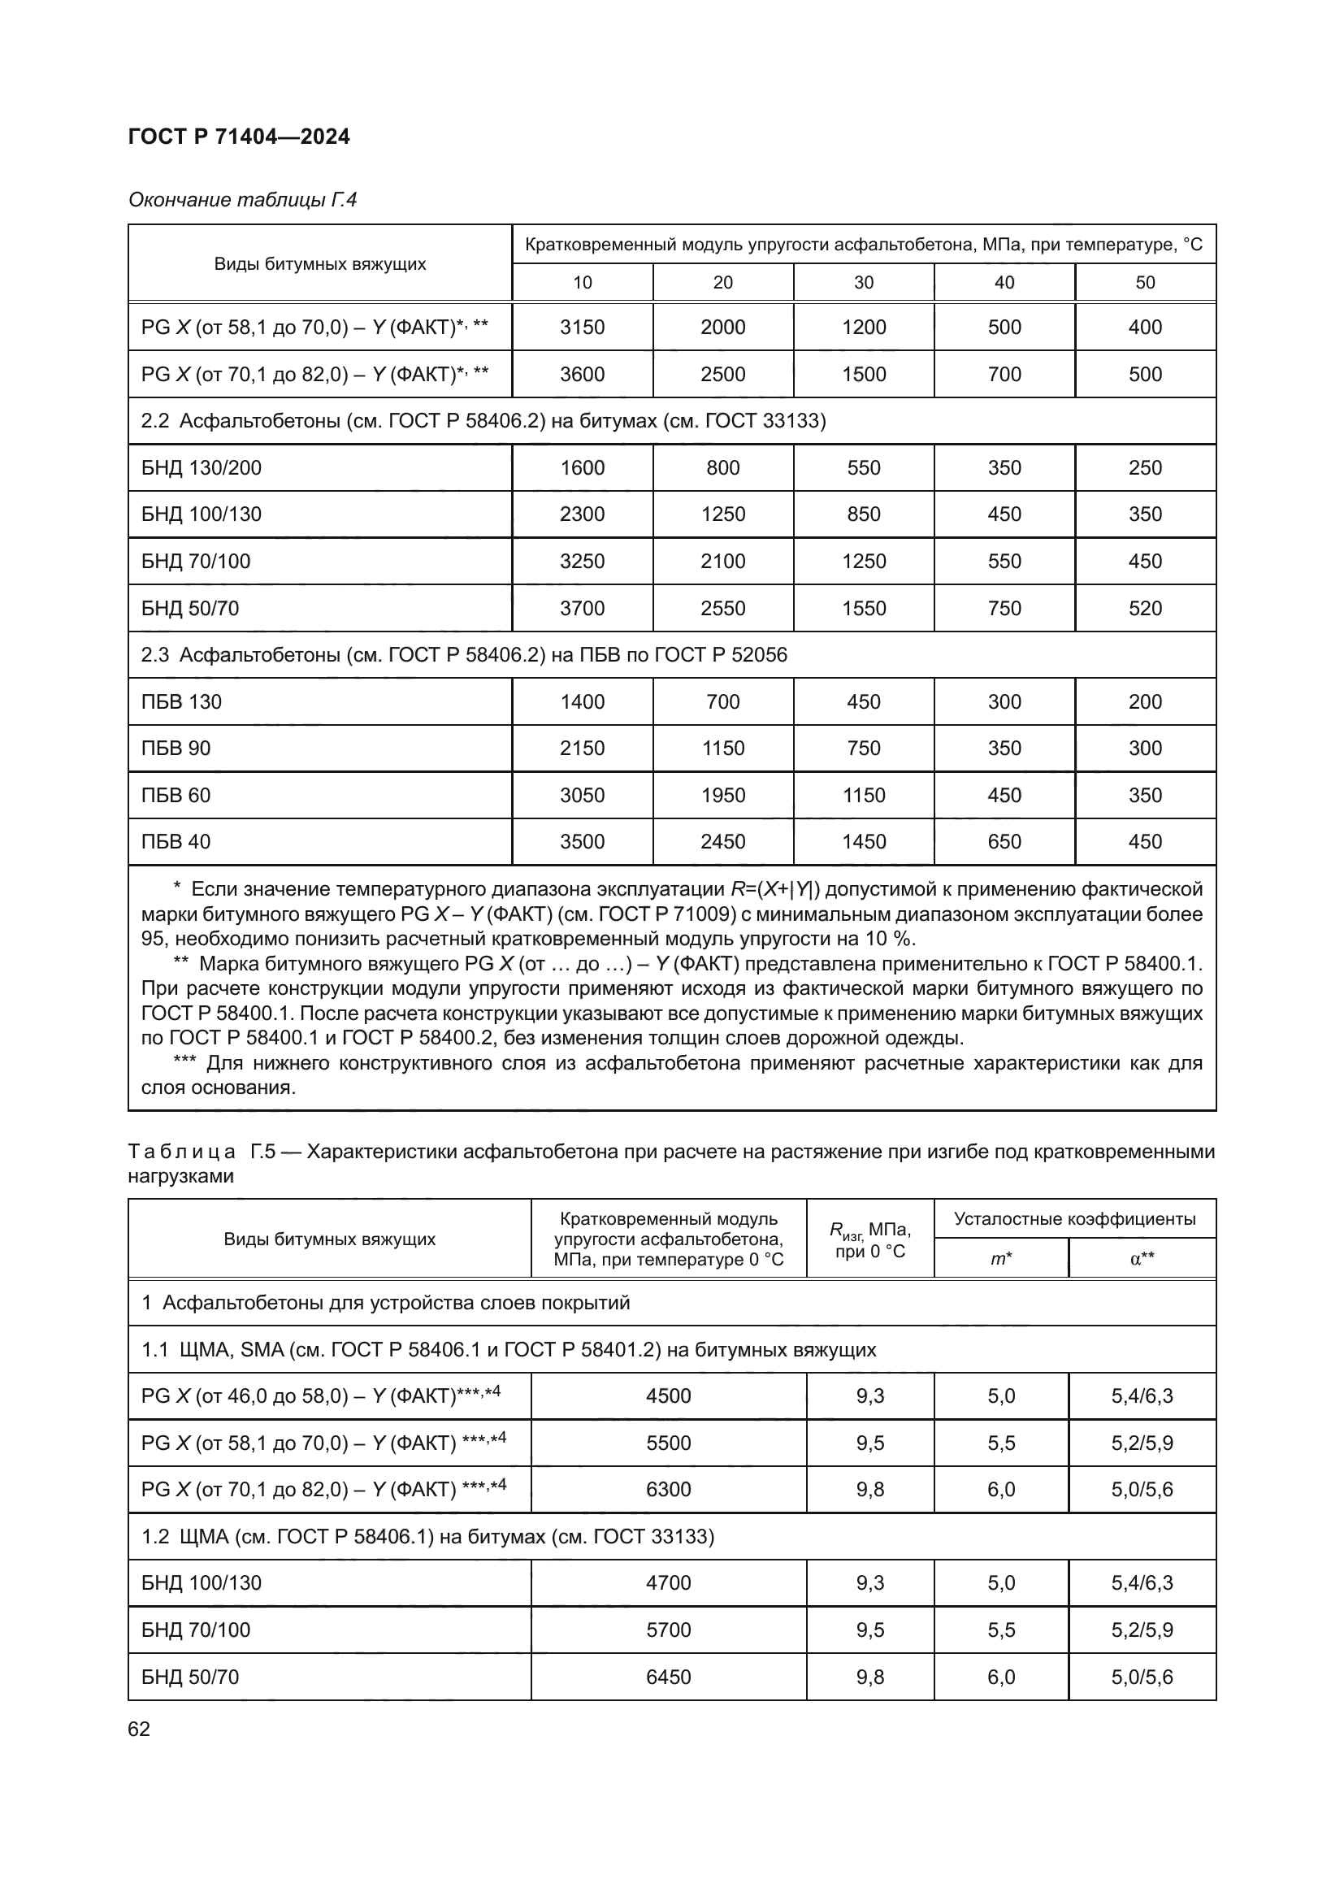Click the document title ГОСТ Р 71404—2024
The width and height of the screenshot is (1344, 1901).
238,137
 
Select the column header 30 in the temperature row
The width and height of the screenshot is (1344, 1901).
863,282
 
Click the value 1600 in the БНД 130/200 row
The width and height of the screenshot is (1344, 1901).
582,468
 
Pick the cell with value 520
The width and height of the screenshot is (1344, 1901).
1145,609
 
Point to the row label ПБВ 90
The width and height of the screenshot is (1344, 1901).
176,749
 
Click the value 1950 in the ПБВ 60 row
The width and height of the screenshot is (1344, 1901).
722,796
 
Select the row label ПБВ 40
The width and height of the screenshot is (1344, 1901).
176,842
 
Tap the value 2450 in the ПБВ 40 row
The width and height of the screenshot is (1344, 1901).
722,842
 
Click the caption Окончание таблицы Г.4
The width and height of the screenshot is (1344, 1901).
242,200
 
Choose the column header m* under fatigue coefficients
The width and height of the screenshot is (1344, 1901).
1000,1259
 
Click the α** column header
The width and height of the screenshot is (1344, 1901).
1142,1259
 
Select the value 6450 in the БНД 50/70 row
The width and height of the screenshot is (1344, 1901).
668,1677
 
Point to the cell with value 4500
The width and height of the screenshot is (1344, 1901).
668,1397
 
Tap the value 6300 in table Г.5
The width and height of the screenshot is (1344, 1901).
668,1491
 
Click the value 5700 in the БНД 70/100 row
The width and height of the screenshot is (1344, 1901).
668,1630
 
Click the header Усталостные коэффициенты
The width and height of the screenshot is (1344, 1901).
1074,1219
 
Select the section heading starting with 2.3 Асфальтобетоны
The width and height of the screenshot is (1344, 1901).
463,655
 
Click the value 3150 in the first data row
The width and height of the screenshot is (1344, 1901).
582,327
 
